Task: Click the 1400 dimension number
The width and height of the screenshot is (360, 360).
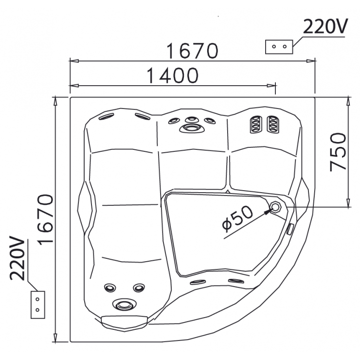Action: tap(173, 75)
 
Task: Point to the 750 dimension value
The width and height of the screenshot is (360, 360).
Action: tap(338, 151)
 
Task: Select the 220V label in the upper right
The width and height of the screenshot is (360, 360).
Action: tap(325, 27)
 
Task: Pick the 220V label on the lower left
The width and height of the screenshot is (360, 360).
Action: tap(18, 258)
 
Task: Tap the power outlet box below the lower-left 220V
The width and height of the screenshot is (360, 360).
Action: tap(37, 305)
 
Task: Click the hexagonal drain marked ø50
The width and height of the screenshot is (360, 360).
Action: tap(276, 207)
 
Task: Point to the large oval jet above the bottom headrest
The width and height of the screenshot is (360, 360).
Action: tap(122, 305)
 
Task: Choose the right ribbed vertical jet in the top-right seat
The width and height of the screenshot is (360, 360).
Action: tap(271, 125)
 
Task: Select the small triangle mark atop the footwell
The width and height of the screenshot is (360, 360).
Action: tap(228, 192)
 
